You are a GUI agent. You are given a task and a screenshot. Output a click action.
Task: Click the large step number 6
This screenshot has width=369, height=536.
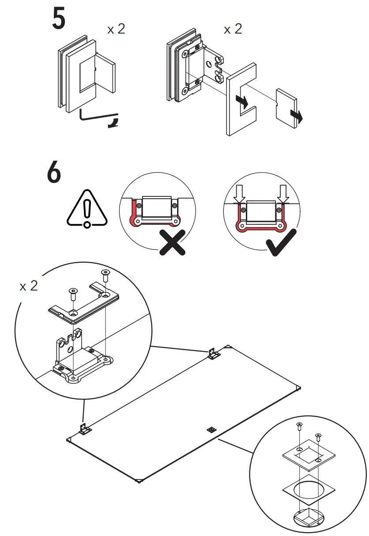point(54,174)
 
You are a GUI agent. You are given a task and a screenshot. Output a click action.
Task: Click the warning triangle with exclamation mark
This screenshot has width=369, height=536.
point(87,209)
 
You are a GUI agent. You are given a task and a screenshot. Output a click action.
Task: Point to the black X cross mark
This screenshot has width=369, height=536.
point(173,242)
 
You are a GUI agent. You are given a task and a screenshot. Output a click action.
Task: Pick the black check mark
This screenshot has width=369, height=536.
point(280,242)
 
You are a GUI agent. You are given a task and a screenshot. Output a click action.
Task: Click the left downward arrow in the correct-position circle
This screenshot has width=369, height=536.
point(239,193)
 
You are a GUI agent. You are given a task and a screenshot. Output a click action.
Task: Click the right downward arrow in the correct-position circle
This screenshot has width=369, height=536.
point(283,193)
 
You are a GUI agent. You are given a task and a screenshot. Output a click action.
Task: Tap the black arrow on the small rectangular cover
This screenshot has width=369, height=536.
point(297,116)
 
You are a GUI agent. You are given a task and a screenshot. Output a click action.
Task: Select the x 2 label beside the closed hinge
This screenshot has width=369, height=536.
point(117,30)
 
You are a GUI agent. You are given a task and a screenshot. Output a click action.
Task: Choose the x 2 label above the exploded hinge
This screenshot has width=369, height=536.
point(233,30)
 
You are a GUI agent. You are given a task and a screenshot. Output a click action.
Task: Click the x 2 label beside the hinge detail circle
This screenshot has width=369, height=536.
point(29,286)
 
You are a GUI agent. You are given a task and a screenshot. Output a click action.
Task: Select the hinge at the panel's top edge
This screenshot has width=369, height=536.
point(214,354)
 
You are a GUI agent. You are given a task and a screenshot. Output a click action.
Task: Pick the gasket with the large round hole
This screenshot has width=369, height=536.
point(308,491)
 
